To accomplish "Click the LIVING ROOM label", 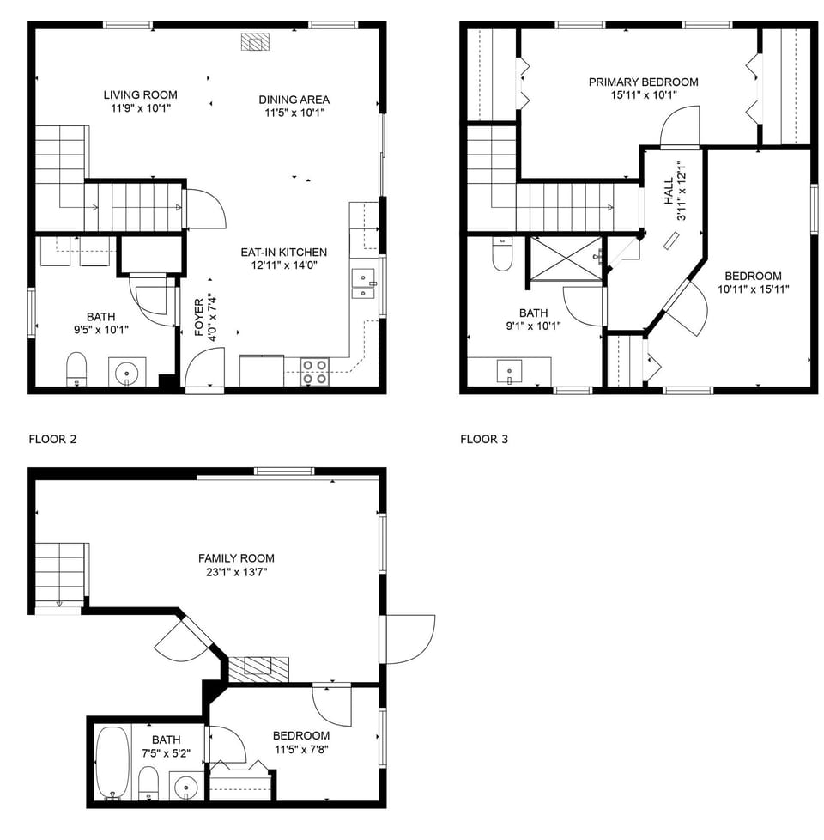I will (140, 94).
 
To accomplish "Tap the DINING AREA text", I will (294, 100).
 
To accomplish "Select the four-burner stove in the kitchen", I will (315, 371).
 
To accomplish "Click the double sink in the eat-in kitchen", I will (364, 283).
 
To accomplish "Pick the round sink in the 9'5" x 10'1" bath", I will (127, 373).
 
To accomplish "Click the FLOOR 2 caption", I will (52, 439).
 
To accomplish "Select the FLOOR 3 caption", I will (484, 439).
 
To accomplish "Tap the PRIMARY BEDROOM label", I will (643, 82).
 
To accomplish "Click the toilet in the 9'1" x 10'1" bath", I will (503, 254).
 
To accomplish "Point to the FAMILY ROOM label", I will (236, 558).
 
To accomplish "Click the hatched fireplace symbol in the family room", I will (258, 667).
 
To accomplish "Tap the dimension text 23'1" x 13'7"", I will (236, 572).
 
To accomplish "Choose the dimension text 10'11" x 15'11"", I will (753, 289).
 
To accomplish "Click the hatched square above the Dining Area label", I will (255, 42).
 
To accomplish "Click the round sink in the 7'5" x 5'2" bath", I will (187, 784).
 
